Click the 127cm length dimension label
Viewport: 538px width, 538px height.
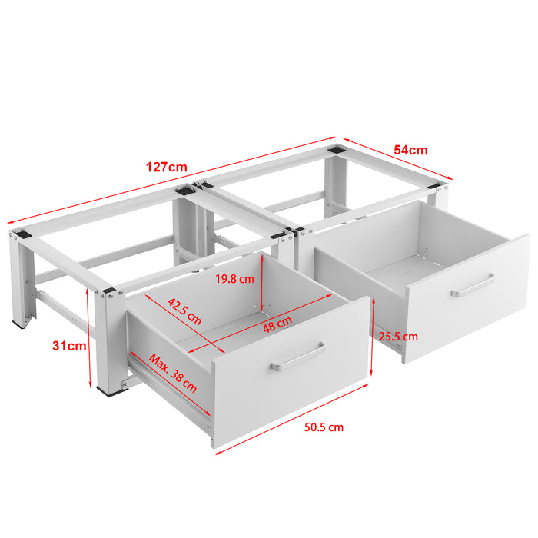click(166, 167)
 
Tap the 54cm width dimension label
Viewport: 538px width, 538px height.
click(412, 151)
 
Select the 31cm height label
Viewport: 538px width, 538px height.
click(69, 346)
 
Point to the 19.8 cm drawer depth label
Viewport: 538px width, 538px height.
click(234, 279)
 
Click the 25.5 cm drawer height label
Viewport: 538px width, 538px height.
click(397, 336)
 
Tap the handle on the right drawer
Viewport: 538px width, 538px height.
click(473, 284)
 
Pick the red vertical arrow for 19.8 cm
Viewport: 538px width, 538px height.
click(262, 285)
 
